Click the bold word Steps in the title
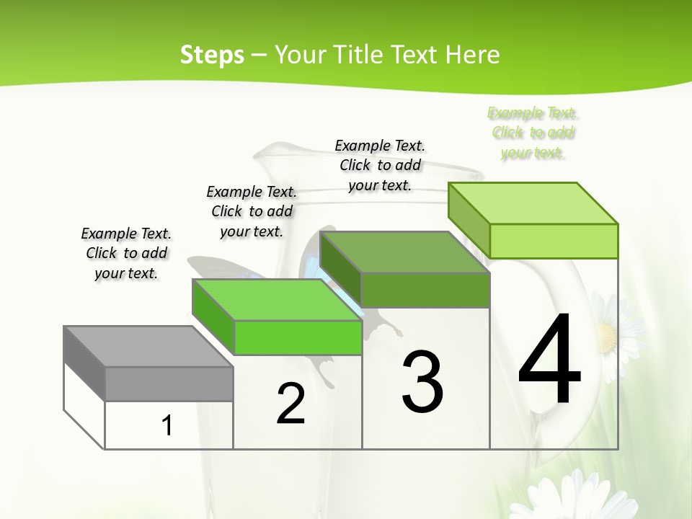tap(212, 55)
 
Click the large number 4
tap(550, 360)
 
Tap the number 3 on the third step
tap(422, 382)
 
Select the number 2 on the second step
tap(290, 404)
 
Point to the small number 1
tap(167, 426)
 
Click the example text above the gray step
tap(126, 253)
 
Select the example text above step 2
tap(252, 211)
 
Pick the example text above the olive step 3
tap(380, 165)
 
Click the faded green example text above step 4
tap(533, 133)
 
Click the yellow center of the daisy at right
tap(606, 337)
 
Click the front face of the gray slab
tap(169, 383)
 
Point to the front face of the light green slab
tap(554, 241)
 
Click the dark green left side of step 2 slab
tap(213, 317)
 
